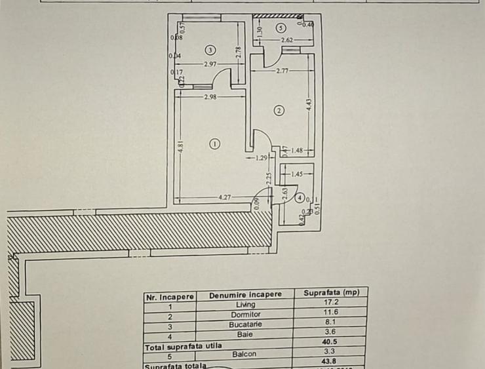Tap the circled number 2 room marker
click(x=279, y=111)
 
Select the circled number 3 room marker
click(x=210, y=49)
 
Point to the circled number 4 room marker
click(x=299, y=197)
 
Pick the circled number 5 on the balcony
click(x=281, y=28)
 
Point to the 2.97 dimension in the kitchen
click(x=210, y=64)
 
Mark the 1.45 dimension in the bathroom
click(x=296, y=174)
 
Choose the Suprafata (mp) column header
click(x=331, y=294)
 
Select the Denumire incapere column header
click(x=246, y=295)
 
